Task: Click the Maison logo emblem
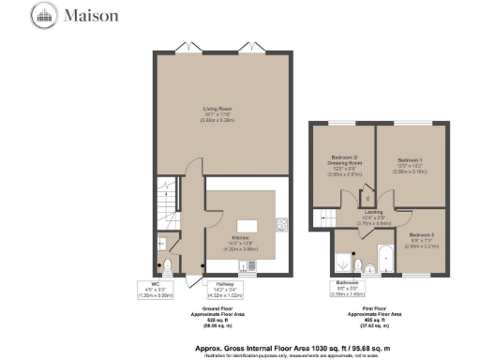click(44, 15)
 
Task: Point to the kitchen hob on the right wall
click(281, 224)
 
